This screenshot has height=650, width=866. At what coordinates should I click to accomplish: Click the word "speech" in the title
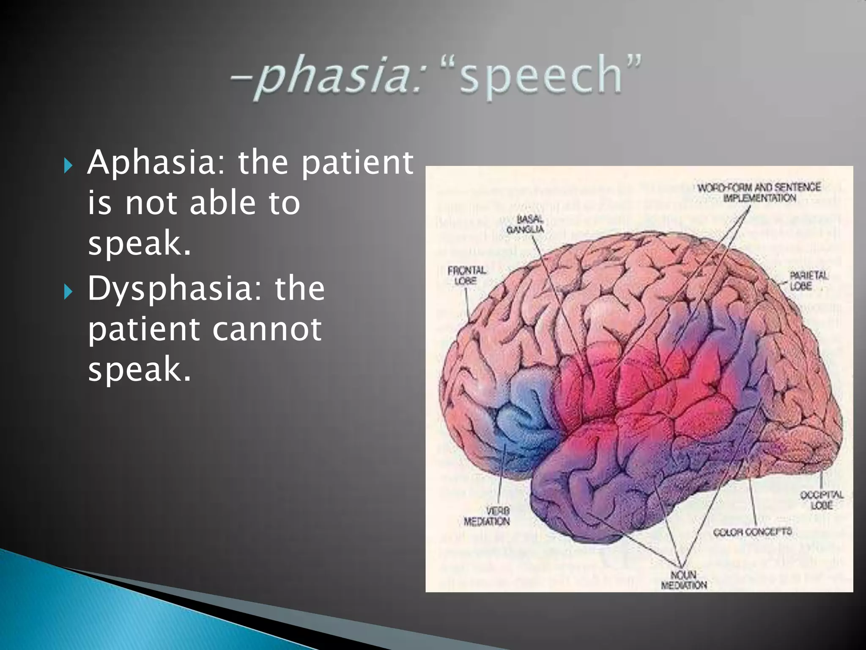tap(541, 77)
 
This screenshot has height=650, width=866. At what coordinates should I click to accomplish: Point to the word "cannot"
tap(266, 329)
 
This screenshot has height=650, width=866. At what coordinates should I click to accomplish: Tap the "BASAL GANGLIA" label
tap(525, 224)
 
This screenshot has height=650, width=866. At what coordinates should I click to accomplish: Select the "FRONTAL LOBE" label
tap(467, 275)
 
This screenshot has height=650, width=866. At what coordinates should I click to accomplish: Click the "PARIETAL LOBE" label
tap(808, 281)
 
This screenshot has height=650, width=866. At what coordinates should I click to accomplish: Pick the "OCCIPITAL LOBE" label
tap(821, 500)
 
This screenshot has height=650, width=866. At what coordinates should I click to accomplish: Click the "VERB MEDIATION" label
tap(487, 516)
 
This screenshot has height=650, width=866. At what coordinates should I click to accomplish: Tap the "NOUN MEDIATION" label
tap(684, 580)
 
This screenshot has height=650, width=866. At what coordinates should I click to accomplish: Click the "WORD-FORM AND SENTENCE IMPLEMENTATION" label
tap(759, 193)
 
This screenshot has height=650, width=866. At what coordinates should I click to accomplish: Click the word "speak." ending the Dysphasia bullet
tap(140, 369)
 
